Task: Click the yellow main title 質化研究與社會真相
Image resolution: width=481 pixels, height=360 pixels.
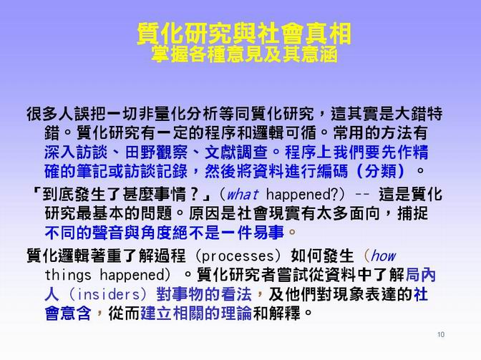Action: [244, 33]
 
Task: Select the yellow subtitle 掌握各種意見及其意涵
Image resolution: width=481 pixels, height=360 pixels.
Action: [244, 54]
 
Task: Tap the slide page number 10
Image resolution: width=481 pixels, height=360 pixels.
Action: [441, 334]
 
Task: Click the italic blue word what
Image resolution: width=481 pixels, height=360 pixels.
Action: [243, 194]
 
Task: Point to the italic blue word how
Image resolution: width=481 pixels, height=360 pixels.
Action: [383, 256]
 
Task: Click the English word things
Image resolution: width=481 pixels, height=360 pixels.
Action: [68, 275]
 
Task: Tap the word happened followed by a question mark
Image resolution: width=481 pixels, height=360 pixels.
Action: [302, 195]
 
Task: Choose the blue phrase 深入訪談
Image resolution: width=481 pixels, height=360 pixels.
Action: [76, 152]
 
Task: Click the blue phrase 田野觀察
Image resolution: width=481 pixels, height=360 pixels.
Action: [156, 152]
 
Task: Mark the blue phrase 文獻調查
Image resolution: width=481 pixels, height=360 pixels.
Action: [236, 152]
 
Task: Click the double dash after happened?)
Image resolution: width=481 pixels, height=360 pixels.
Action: [362, 195]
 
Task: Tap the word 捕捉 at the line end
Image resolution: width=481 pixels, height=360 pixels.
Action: [412, 213]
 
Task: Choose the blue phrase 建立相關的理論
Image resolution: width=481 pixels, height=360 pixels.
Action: [196, 313]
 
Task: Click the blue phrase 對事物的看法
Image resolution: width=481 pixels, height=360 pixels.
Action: [204, 294]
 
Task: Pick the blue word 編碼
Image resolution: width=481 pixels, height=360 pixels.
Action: [333, 171]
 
